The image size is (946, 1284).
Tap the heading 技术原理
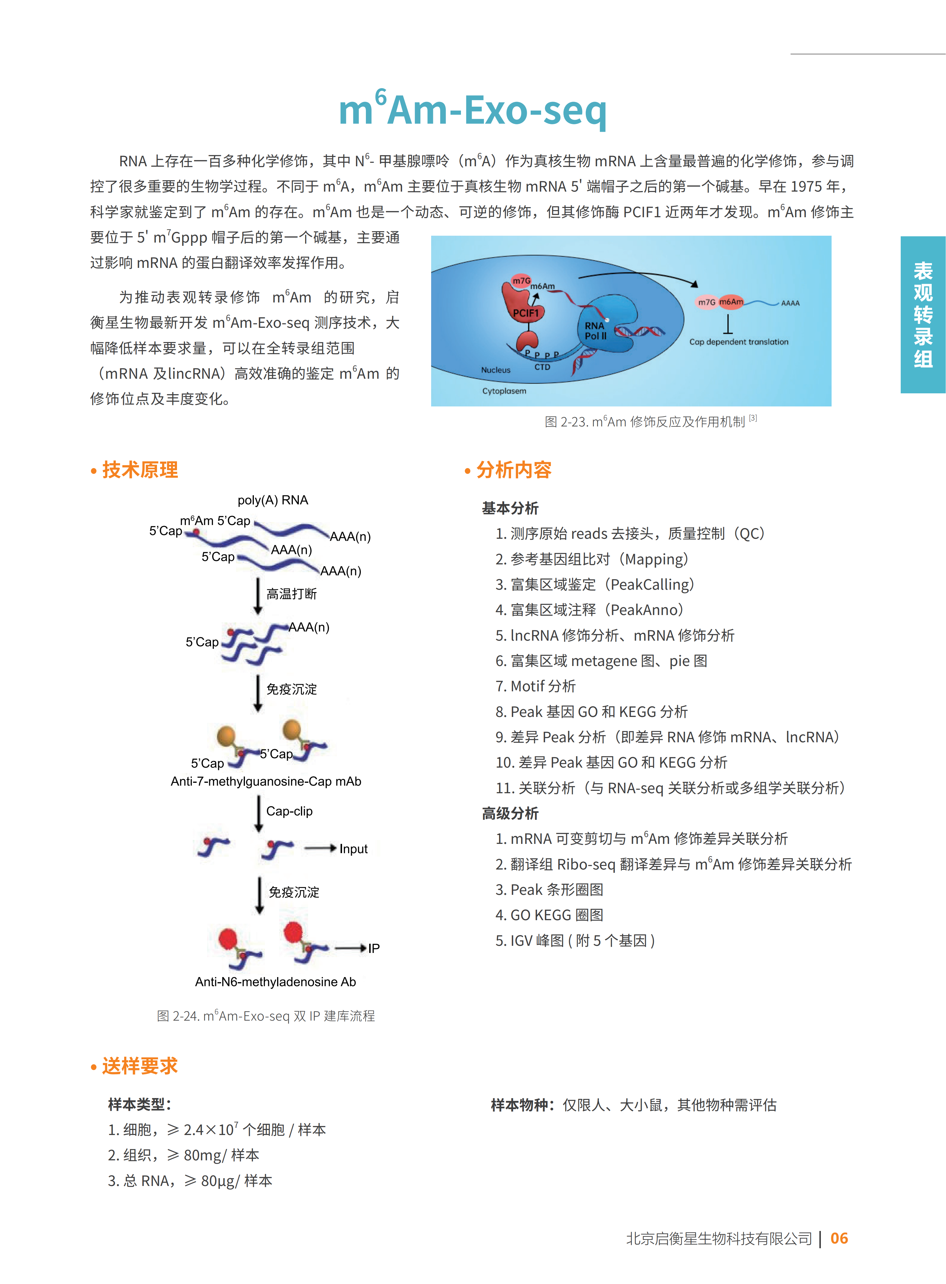coord(140,470)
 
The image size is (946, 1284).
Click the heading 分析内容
coord(514,470)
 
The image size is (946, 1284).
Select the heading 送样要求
coord(140,1066)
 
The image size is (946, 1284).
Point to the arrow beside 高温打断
coord(258,596)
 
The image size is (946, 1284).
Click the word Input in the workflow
coord(353,849)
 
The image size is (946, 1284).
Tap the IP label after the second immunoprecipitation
coord(373,948)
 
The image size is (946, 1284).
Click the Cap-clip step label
coord(289,811)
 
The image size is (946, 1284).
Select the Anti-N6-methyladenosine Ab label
coord(275,982)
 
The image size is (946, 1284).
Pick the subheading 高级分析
coord(510,813)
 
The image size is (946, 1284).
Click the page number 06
coord(839,1238)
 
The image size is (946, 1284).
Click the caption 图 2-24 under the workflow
coord(266,1016)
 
